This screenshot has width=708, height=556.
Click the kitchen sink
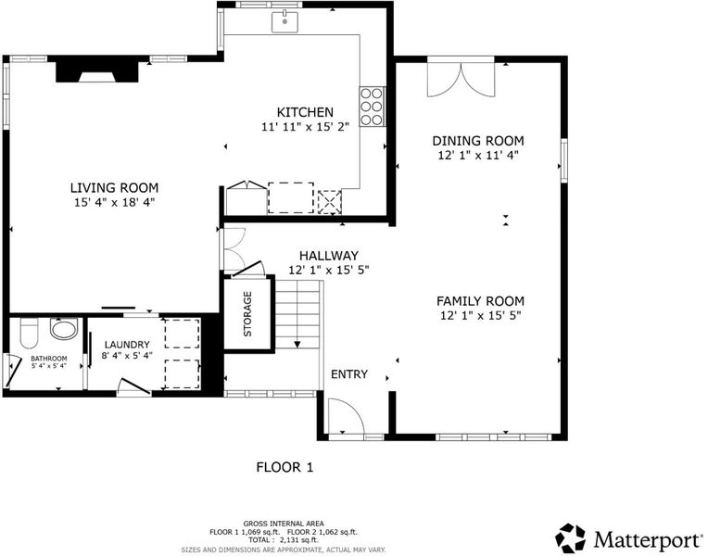click(x=284, y=22)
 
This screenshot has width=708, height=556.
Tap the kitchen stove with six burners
click(x=372, y=107)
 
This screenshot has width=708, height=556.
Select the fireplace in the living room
click(x=97, y=72)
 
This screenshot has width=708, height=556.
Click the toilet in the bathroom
click(x=30, y=334)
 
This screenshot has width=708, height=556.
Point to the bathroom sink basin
click(x=64, y=328)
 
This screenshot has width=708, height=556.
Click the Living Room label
click(x=114, y=187)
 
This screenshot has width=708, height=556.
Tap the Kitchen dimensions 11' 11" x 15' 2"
click(x=305, y=127)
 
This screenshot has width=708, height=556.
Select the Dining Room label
click(x=478, y=141)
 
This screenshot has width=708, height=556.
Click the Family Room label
click(x=480, y=301)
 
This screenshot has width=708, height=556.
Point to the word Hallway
click(x=329, y=256)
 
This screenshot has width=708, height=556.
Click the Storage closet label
click(x=247, y=314)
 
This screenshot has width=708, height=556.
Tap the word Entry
click(x=349, y=374)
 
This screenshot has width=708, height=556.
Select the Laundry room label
click(x=127, y=345)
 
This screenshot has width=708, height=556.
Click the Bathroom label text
click(x=49, y=359)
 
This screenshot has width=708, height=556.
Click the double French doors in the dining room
click(x=461, y=80)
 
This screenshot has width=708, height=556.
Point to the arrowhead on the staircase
click(x=297, y=344)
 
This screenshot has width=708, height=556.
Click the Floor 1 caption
click(x=284, y=467)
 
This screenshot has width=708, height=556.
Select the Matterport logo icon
click(x=570, y=538)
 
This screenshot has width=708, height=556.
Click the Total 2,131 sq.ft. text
click(x=284, y=539)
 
